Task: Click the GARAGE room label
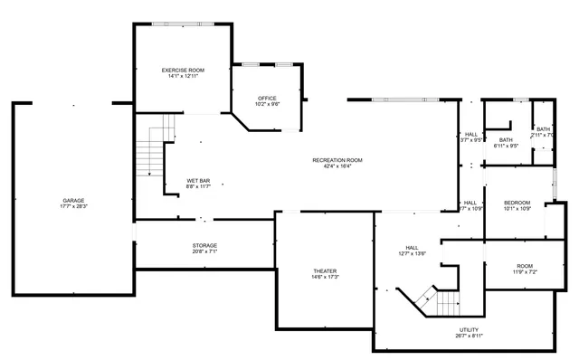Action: (x=73, y=200)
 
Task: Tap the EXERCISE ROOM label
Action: (x=183, y=70)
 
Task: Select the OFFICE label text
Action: (x=267, y=98)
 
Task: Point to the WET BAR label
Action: (x=199, y=181)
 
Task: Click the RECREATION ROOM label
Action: (x=337, y=160)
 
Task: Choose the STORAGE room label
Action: (x=204, y=245)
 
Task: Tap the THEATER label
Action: (x=325, y=270)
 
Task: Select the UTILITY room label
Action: (x=469, y=329)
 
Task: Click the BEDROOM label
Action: (x=517, y=202)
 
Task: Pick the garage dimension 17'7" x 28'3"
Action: (x=73, y=206)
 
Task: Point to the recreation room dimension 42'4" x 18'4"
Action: (x=337, y=166)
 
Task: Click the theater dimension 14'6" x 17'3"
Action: (x=325, y=277)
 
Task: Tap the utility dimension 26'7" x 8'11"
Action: (x=469, y=336)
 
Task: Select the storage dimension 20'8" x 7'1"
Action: (x=204, y=251)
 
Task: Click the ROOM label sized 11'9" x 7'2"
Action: (x=525, y=266)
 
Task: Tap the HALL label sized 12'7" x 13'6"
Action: (x=413, y=247)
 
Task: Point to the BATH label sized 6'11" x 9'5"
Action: (x=505, y=139)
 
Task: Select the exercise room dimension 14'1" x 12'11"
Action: (x=183, y=76)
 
